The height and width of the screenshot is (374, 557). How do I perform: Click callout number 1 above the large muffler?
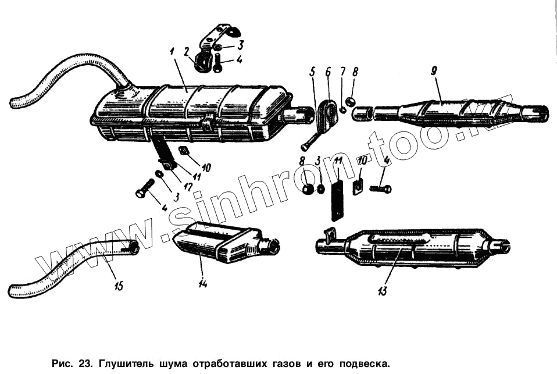tap(172, 52)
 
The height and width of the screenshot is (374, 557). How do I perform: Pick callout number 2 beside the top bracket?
tap(187, 52)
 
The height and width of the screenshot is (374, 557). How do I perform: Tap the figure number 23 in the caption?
tap(85, 364)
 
